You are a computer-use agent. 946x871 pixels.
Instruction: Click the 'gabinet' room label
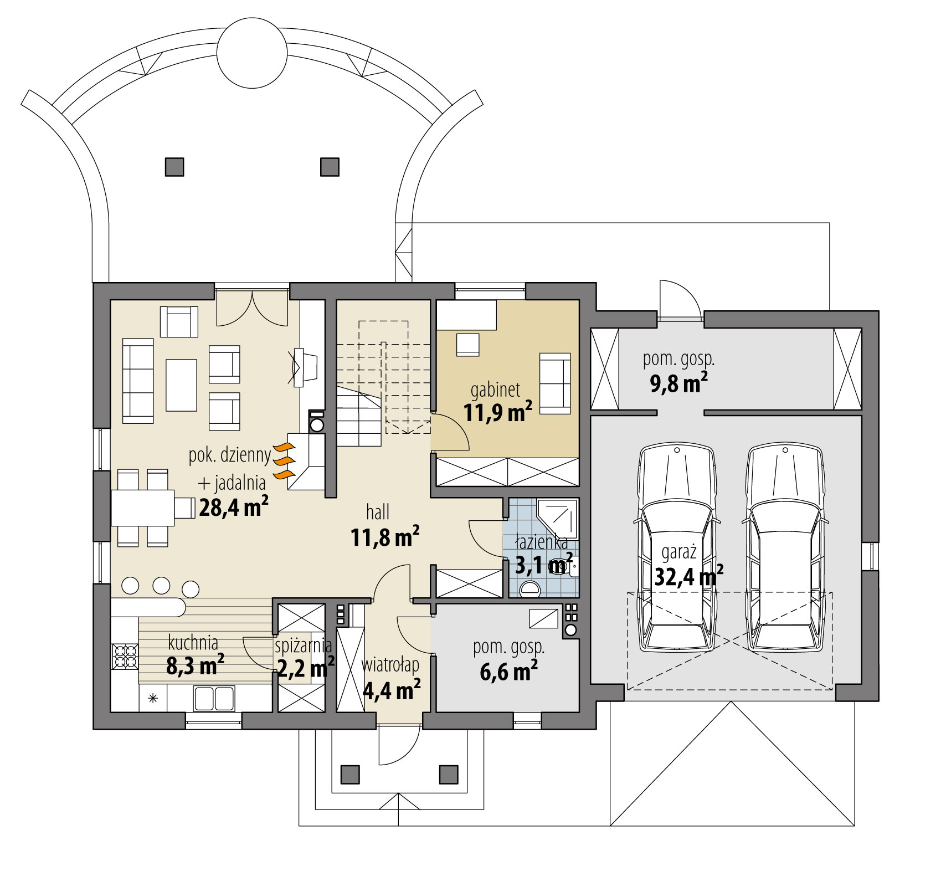495,390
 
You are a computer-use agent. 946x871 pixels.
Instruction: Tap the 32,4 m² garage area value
688,576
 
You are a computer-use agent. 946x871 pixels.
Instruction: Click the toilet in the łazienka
530,588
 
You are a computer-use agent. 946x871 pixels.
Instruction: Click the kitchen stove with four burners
125,656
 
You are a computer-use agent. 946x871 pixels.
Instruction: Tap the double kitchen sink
214,698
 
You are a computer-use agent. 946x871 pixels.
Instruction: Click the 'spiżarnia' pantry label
304,645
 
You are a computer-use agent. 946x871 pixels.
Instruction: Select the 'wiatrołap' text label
390,664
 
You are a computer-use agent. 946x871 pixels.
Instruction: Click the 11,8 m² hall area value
384,537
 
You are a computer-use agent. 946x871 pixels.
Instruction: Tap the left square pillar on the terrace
174,167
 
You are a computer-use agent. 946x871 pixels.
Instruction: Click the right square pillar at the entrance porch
449,774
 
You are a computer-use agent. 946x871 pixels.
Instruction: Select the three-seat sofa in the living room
138,381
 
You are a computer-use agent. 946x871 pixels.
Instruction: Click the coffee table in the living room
181,385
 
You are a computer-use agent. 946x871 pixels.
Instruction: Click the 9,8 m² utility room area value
678,383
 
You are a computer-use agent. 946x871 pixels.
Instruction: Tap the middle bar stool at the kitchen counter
161,586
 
